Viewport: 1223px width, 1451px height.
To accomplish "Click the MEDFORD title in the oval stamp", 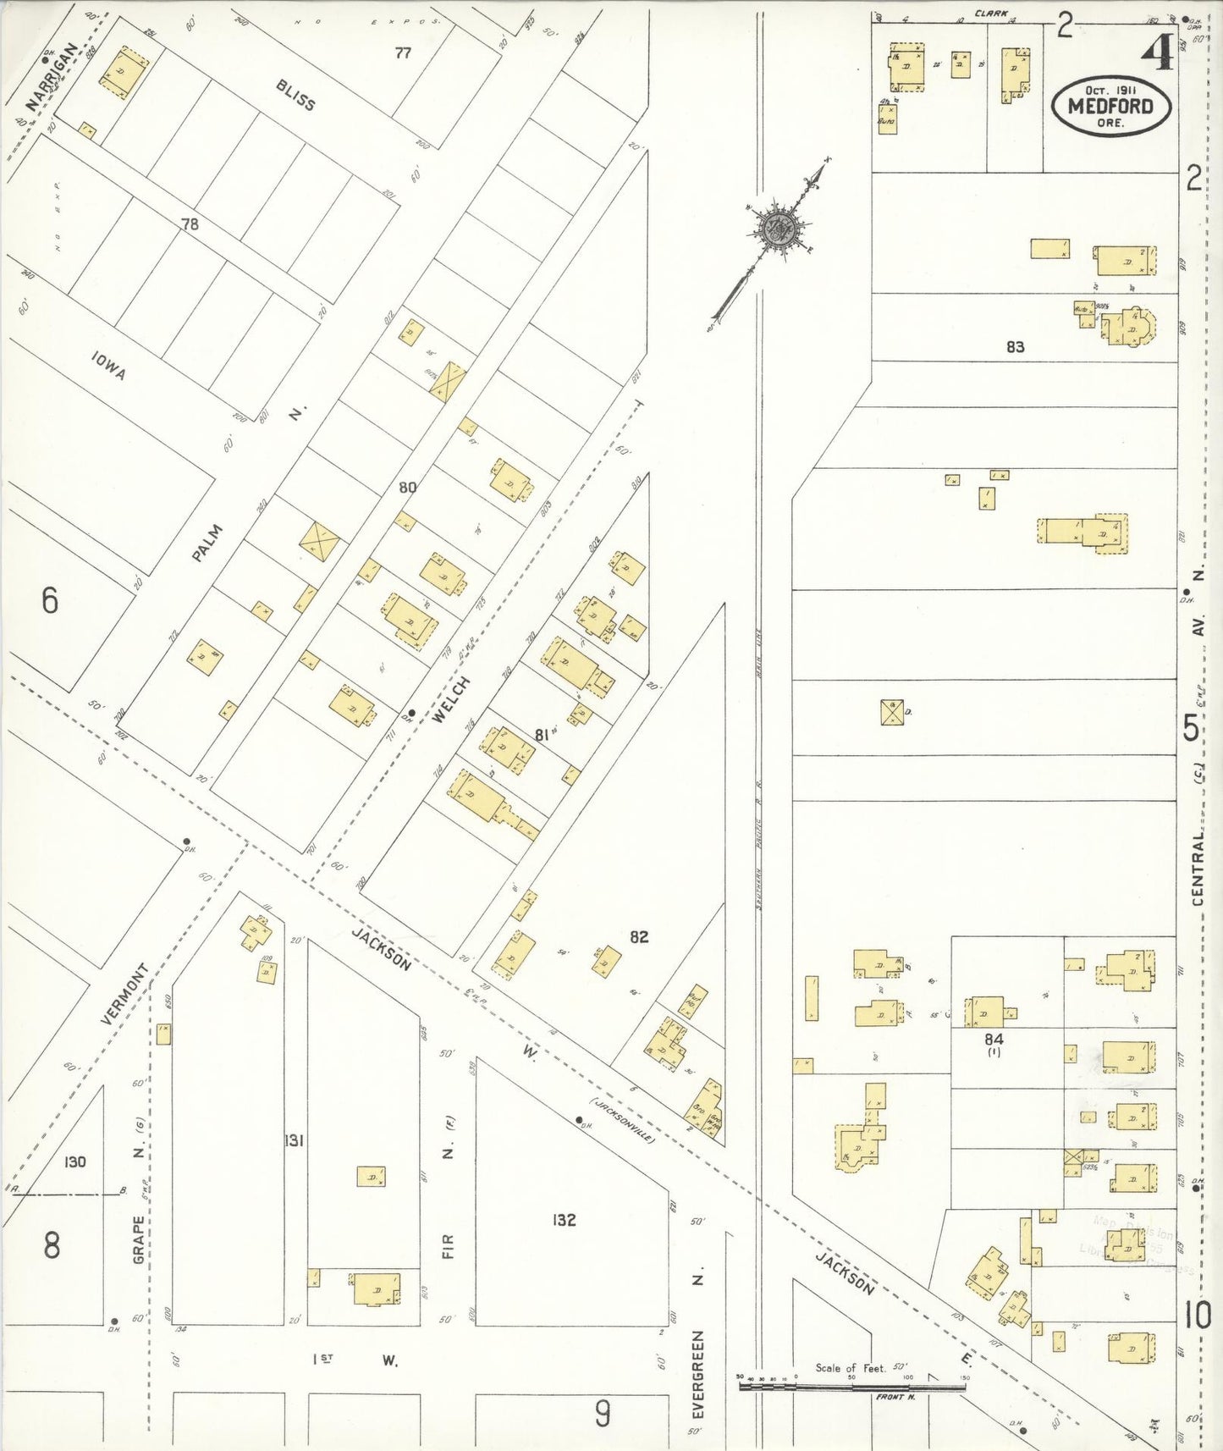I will tap(1110, 107).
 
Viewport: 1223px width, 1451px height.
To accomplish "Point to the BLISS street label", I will tap(295, 95).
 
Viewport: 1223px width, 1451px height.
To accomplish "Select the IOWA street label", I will tap(108, 367).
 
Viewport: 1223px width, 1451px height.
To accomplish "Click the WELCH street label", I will tap(449, 699).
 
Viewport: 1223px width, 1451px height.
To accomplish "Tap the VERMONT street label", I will tap(124, 994).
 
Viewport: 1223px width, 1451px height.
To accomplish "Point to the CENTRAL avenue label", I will tap(1198, 869).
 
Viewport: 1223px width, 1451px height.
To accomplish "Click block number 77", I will tap(403, 52).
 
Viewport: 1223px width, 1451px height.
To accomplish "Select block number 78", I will tap(190, 223).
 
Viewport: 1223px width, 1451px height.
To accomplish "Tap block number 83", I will tap(1015, 346).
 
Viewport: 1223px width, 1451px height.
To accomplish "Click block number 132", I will tap(564, 1219).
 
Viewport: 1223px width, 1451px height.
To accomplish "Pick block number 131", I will tap(294, 1140).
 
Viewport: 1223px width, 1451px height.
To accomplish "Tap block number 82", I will tap(639, 936).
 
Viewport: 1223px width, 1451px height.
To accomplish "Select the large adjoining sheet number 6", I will tap(50, 600).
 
